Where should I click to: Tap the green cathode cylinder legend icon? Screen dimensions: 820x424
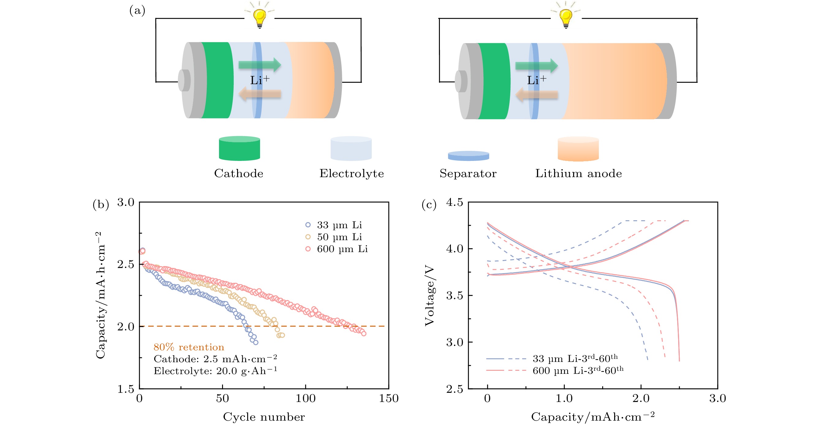tap(239, 148)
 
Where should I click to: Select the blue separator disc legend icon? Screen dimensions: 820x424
tap(468, 156)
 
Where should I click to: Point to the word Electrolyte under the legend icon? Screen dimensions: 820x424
tap(351, 173)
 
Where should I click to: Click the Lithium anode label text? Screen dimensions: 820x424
tap(578, 173)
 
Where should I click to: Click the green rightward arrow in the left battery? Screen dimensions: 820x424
tap(260, 65)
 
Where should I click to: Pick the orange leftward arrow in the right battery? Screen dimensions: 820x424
tap(537, 95)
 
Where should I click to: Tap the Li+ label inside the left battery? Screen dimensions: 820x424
tap(260, 80)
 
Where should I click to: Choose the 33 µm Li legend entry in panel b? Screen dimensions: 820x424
tap(333, 225)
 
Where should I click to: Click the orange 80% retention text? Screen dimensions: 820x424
tap(189, 347)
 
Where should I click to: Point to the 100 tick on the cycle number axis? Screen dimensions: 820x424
tap(306, 398)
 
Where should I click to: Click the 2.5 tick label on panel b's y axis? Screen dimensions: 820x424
tap(126, 264)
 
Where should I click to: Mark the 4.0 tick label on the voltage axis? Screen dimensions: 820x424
tap(455, 248)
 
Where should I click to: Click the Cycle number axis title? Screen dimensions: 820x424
tap(264, 417)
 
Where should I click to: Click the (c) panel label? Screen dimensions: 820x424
tap(429, 204)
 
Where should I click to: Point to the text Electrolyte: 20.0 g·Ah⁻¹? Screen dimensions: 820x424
tap(215, 370)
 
